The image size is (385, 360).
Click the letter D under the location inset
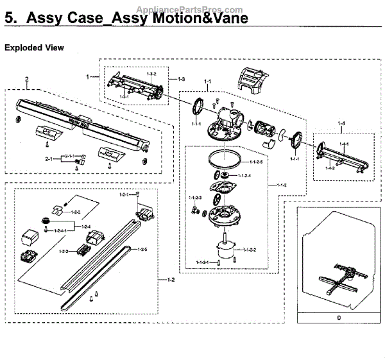point(338,317)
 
